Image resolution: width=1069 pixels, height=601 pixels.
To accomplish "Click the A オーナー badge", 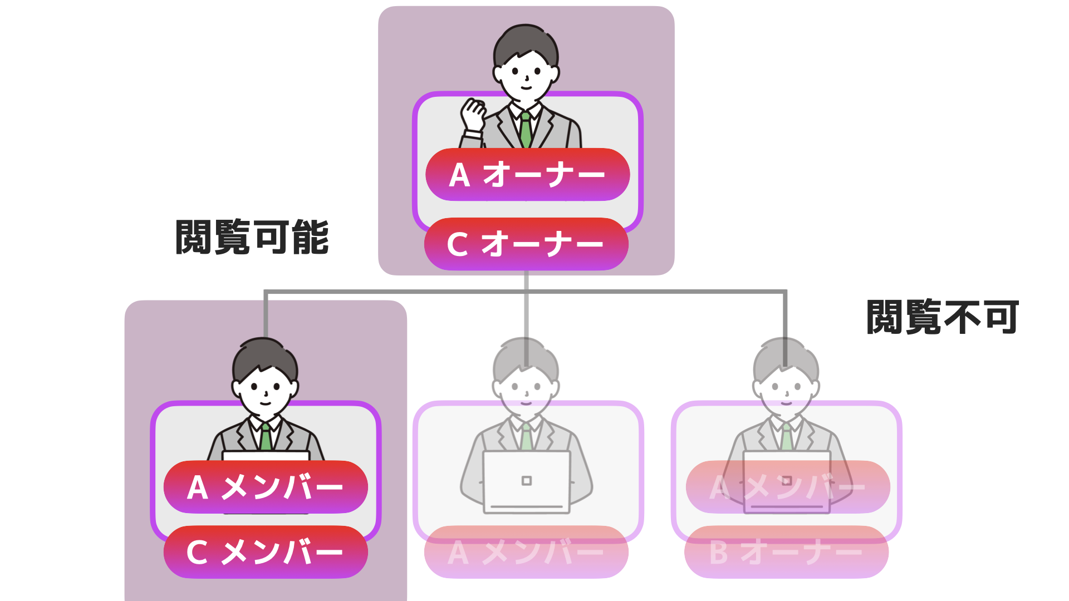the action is coord(527,174).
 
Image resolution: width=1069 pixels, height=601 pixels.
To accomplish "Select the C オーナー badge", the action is coord(526,244).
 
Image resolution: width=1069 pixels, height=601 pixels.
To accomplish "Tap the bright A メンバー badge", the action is coord(266,487).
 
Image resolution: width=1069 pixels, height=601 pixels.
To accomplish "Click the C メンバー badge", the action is coord(266,552).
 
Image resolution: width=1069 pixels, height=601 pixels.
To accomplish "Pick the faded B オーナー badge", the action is coord(786,552).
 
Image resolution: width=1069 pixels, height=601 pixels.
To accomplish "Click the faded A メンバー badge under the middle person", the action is coord(526,552).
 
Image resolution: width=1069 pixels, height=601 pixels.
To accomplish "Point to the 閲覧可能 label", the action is coord(252,237).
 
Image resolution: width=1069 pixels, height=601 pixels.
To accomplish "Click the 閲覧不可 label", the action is coord(943,317).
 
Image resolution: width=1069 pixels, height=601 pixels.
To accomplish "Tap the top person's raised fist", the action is coord(473,114).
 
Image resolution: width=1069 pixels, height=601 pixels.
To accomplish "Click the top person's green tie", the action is coord(526,130).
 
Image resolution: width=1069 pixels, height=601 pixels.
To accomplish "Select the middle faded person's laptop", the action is coord(527,482).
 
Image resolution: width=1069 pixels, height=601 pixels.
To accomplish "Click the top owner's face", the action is coord(526,76).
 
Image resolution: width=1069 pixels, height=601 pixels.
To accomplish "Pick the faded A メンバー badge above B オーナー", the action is coord(788,487).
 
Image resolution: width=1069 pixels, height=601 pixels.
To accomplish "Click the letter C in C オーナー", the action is coord(458,244).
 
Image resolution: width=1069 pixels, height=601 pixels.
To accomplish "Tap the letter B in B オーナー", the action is coord(718,553).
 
